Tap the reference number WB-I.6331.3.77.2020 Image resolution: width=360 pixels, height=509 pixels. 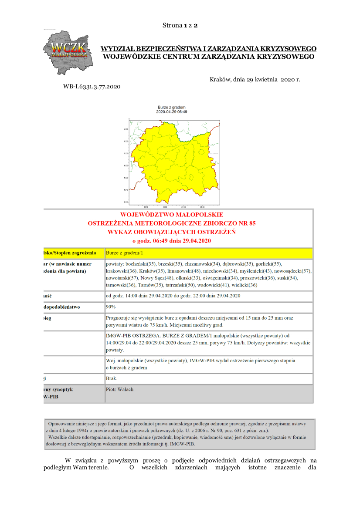(92, 87)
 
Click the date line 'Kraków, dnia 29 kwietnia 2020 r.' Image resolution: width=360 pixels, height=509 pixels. (255, 80)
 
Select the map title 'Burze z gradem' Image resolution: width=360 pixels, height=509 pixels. (171, 107)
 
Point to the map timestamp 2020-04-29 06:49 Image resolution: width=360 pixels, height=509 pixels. (171, 112)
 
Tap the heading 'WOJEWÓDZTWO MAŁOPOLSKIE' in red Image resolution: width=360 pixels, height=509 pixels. (171, 215)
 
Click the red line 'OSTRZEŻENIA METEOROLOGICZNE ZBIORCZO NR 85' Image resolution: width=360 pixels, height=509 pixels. (171, 223)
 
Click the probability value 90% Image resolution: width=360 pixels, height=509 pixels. (111, 307)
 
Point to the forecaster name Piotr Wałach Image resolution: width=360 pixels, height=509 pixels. (119, 389)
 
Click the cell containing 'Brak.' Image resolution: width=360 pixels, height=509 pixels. (112, 378)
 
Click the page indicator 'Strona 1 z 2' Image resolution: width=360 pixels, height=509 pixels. (180, 25)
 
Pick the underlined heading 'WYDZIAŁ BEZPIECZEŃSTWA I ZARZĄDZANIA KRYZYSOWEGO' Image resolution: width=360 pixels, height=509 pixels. (208, 48)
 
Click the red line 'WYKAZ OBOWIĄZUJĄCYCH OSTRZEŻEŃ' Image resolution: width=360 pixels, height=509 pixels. (171, 232)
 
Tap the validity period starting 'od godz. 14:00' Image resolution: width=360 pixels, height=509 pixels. (173, 296)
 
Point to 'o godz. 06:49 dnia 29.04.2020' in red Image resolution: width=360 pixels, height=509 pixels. (171, 241)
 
